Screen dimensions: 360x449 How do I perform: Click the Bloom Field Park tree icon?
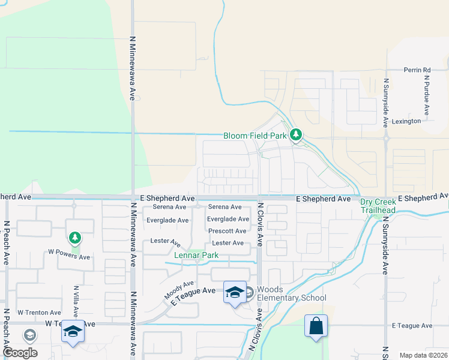295,135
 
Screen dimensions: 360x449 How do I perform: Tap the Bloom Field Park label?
255,136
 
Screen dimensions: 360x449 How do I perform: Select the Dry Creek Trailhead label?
378,206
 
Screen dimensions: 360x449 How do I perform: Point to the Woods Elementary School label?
292,293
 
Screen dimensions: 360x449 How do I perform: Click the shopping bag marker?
316,326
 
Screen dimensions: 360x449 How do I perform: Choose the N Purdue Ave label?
427,95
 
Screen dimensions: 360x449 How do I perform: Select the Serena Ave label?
224,207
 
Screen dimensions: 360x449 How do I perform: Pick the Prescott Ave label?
228,231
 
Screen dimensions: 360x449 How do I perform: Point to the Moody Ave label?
180,290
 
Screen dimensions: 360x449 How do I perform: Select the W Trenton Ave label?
39,313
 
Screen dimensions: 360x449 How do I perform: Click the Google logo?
20,353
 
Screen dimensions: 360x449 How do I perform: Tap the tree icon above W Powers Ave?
74,238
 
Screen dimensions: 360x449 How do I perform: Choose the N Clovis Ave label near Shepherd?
261,224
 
